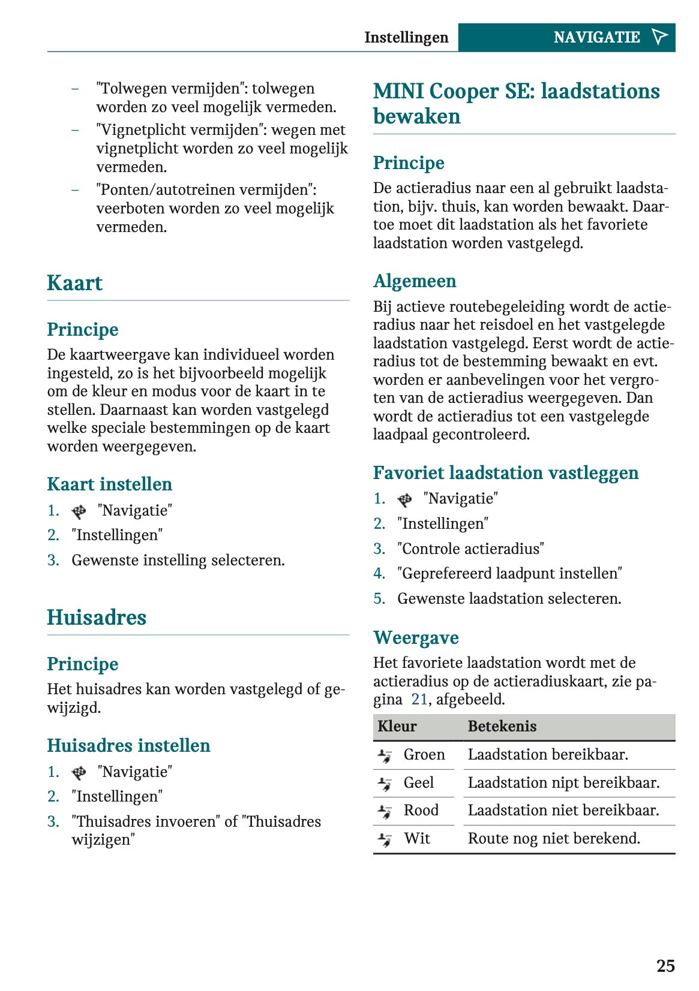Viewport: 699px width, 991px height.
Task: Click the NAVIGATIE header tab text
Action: (596, 38)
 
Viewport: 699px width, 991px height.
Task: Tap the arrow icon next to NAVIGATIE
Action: (659, 37)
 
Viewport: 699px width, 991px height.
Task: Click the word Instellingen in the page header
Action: (406, 38)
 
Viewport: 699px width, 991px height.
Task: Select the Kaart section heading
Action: (75, 283)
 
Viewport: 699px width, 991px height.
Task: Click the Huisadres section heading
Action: (97, 618)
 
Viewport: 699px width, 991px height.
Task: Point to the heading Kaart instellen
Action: (110, 484)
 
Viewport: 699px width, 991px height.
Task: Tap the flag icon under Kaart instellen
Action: (79, 511)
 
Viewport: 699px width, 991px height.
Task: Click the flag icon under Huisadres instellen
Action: (79, 773)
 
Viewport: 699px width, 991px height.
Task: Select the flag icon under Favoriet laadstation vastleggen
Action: (404, 499)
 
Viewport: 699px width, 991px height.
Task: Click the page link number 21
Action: (419, 700)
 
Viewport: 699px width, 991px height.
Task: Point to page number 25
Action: (665, 966)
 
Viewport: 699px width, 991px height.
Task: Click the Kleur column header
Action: (397, 727)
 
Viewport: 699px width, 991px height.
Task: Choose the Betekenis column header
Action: (502, 727)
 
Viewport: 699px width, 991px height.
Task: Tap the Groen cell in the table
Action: (424, 755)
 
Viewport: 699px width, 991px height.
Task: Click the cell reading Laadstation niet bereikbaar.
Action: (563, 811)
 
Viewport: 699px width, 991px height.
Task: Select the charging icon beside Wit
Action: (385, 839)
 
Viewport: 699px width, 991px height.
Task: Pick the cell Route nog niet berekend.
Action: (554, 839)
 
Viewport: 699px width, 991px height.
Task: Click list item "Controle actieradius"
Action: (470, 549)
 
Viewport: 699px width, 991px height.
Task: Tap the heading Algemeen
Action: (415, 281)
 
